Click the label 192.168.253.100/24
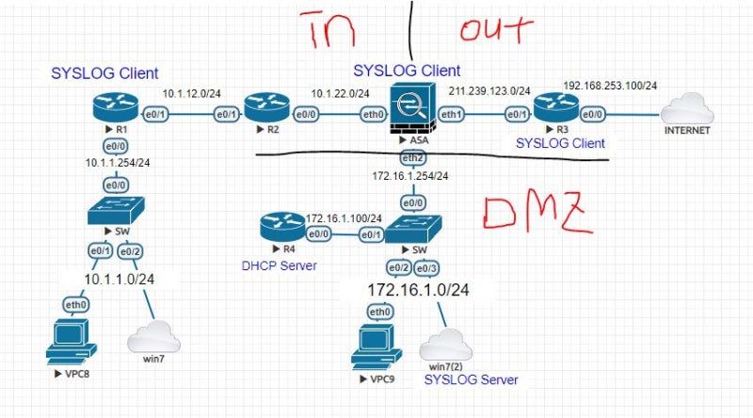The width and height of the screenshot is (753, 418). tap(609, 85)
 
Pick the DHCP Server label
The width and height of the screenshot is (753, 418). tap(279, 266)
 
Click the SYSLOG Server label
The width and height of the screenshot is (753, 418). tap(471, 379)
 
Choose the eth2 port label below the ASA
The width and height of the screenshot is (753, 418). tap(410, 157)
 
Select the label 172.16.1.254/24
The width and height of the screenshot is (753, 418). tap(409, 176)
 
